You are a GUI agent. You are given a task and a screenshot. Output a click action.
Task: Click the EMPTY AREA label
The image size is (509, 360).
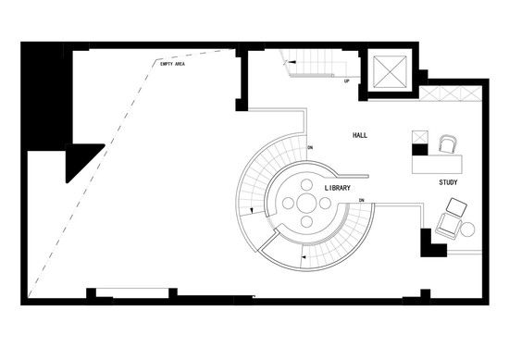pos(172,64)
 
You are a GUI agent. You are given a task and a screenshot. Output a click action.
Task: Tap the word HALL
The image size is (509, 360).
pos(360,135)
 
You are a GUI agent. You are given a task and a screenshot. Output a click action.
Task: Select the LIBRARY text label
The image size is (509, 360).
pos(338,188)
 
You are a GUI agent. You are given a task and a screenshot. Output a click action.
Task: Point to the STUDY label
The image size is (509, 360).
pos(448,182)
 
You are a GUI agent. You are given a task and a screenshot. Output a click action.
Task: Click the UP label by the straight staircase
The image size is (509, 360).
pos(347,81)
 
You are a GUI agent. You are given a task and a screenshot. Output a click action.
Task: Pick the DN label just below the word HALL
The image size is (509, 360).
pos(310,148)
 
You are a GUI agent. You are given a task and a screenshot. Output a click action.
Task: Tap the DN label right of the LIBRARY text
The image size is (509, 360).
pos(362,200)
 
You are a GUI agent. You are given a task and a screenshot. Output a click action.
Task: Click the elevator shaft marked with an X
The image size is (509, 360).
pos(390,72)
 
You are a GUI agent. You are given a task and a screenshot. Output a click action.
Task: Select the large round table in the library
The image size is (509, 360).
pos(306,204)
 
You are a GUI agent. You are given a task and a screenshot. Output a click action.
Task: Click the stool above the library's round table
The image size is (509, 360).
pos(306,185)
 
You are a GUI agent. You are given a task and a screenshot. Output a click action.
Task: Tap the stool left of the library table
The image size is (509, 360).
pos(288,204)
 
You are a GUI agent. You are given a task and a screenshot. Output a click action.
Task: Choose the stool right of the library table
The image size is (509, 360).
pos(325,204)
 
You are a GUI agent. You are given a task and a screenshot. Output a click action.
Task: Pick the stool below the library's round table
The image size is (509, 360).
pos(306,222)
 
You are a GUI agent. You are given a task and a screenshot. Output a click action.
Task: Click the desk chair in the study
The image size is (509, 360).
pos(448,143)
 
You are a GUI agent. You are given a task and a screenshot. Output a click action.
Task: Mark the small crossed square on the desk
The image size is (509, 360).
pos(420,137)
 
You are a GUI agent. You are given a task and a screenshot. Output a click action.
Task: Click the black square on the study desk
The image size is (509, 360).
pos(420,150)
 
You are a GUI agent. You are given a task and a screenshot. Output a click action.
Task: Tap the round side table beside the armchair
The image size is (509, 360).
pos(467,230)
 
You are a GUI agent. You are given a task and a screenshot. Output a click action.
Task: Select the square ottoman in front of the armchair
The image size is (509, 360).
pos(456,207)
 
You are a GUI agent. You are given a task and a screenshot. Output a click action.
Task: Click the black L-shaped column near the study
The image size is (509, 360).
pos(432,244)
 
